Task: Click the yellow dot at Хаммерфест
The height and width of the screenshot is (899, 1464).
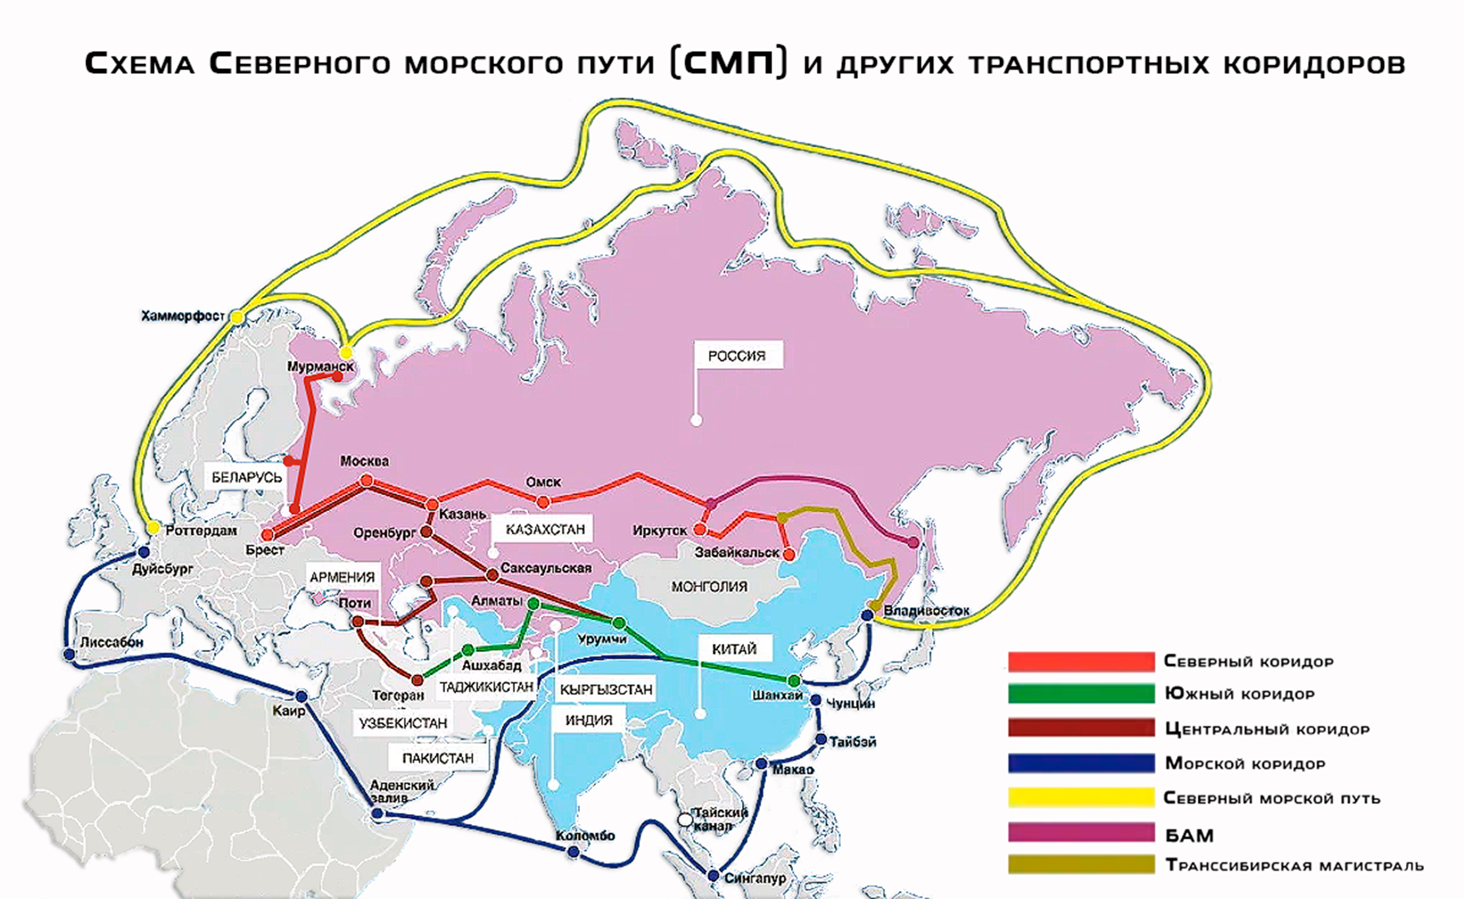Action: (236, 317)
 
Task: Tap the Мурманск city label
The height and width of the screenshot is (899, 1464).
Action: (320, 366)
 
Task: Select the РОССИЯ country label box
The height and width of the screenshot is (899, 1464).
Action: (738, 356)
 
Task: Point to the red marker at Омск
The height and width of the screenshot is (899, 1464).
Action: (543, 502)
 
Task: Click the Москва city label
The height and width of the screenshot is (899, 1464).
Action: (364, 461)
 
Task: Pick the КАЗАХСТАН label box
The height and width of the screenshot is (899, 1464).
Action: (545, 529)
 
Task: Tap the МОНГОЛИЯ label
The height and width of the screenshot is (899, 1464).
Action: (709, 586)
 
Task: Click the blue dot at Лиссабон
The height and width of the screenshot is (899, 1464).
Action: (69, 654)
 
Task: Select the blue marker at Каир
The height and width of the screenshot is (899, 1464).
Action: (302, 696)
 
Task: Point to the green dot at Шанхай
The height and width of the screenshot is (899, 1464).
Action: (793, 680)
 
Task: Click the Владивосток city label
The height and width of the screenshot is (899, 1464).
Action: (926, 611)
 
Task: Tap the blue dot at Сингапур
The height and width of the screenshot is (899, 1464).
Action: (713, 875)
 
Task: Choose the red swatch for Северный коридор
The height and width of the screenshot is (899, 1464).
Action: (1080, 661)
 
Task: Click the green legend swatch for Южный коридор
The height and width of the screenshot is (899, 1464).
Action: (1080, 693)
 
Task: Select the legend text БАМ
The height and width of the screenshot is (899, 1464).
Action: (1189, 835)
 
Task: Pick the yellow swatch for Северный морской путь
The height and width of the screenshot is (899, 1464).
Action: (1080, 797)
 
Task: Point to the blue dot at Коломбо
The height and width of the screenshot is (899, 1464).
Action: (573, 852)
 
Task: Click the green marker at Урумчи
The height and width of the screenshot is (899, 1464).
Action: (619, 623)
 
